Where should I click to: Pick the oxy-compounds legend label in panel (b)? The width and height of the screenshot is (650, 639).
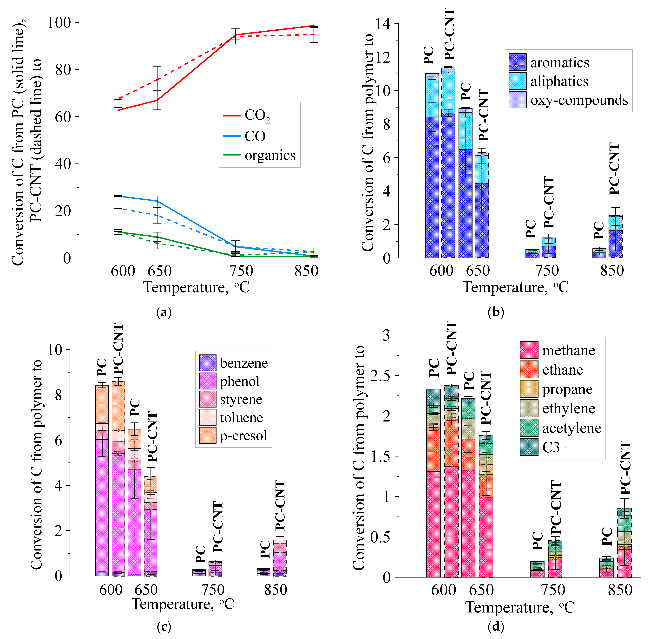tap(579, 100)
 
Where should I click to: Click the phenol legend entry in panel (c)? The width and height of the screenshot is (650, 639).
tap(239, 381)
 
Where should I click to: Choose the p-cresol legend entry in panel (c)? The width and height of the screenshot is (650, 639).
tap(243, 436)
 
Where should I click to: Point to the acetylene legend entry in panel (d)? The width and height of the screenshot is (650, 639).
tap(571, 428)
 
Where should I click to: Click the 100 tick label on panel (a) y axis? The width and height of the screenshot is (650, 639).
tap(59, 23)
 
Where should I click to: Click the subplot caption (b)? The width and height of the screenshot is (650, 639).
tap(496, 313)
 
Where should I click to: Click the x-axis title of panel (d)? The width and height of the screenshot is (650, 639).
tap(520, 607)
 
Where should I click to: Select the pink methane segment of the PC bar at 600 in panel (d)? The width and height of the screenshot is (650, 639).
tap(433, 523)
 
